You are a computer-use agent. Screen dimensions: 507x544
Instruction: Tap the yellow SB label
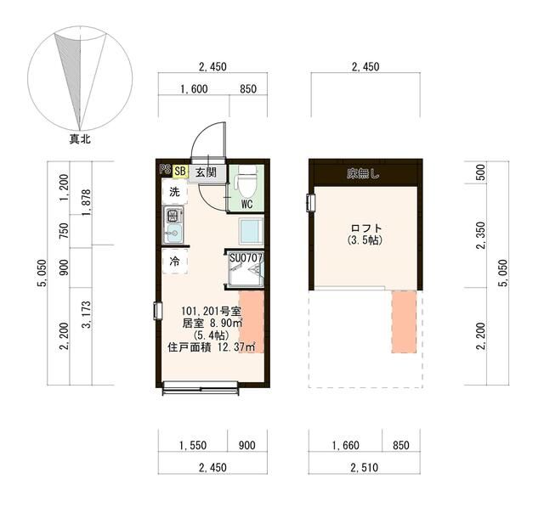click(x=180, y=171)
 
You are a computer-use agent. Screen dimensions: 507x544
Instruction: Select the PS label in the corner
click(x=165, y=170)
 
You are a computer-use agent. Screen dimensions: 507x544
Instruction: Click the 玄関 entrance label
click(x=205, y=172)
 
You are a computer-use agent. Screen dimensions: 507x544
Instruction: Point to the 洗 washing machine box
click(x=174, y=193)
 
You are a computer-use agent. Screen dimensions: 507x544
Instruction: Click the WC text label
click(x=246, y=205)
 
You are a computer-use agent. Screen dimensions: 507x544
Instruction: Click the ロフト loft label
click(x=366, y=228)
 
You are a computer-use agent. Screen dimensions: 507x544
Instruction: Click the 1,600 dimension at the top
click(x=194, y=88)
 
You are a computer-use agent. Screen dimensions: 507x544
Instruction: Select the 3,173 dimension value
click(x=85, y=314)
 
